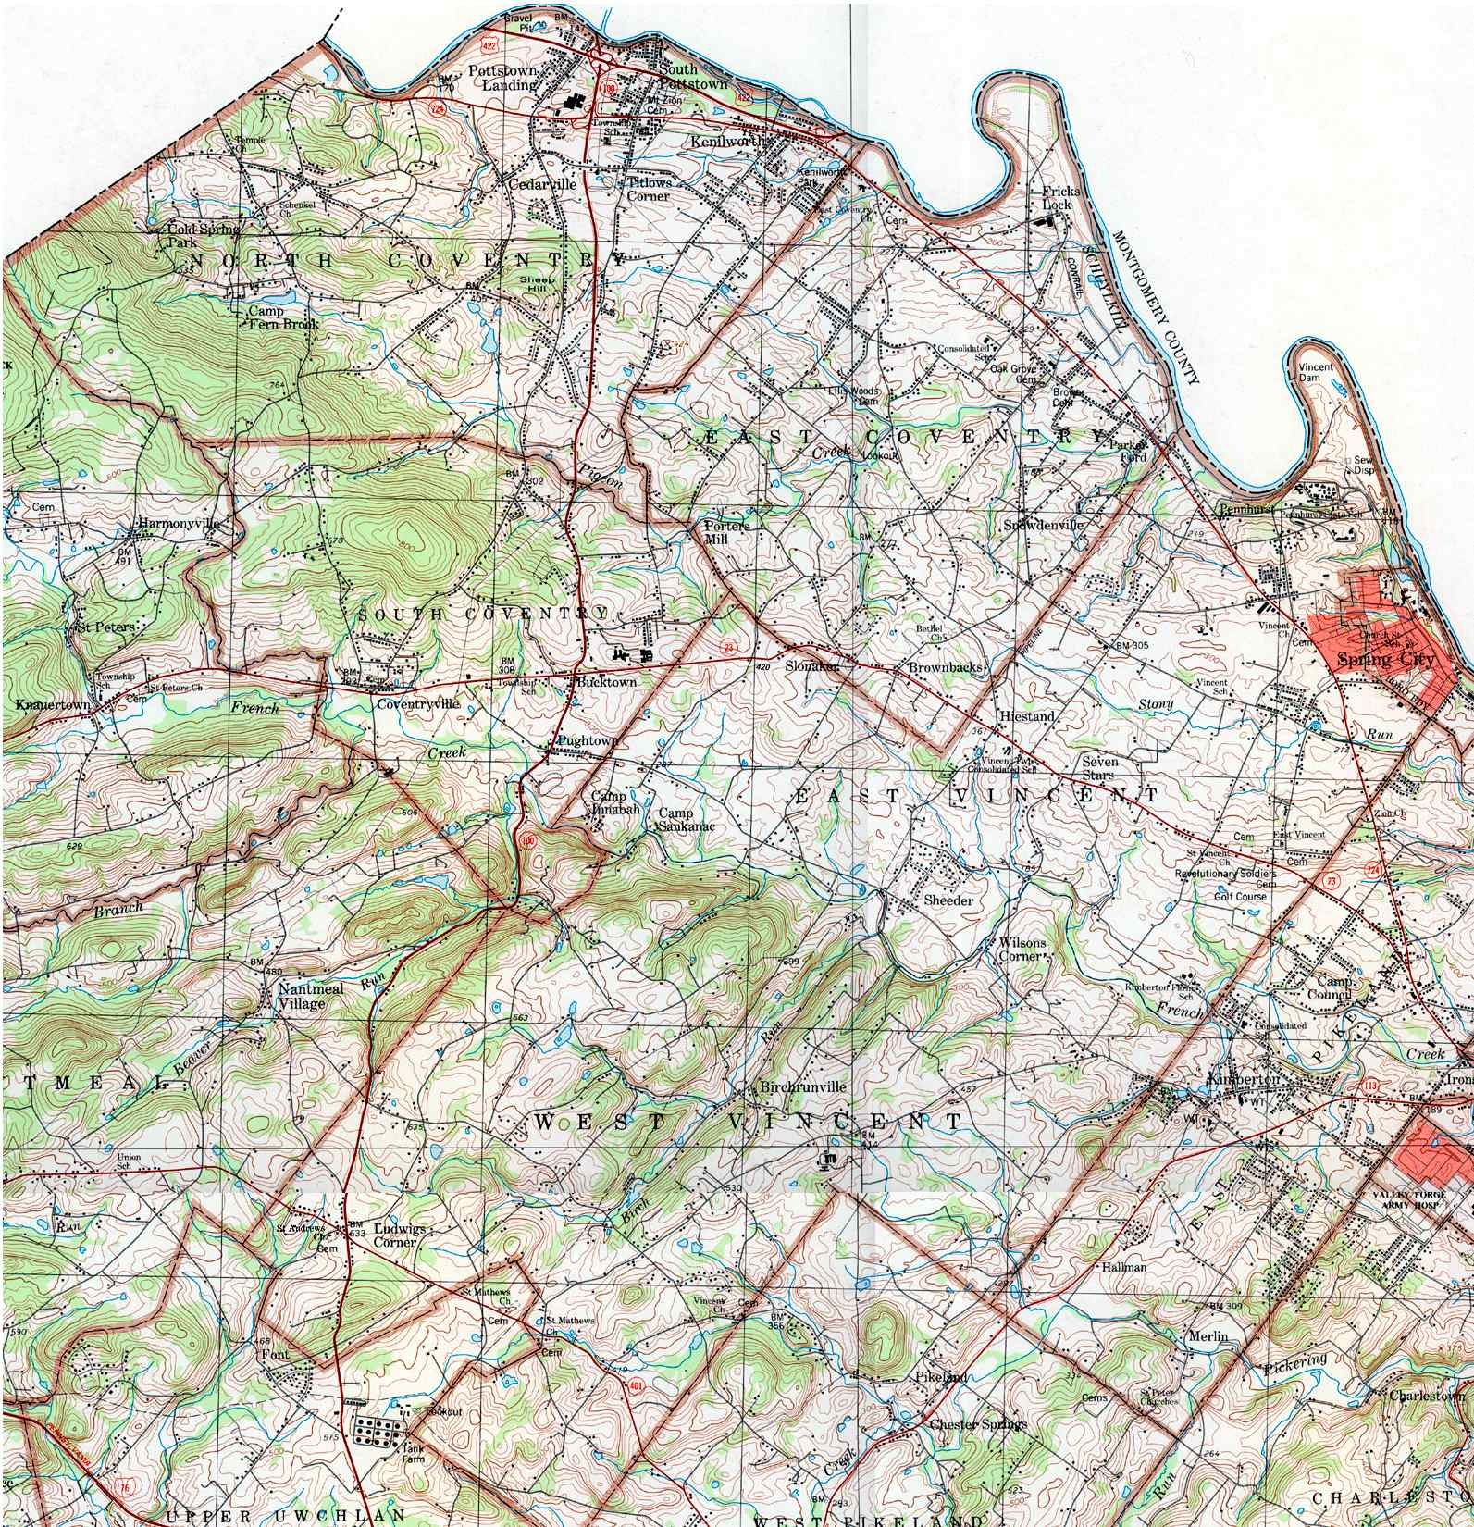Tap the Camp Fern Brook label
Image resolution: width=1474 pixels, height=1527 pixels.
283,318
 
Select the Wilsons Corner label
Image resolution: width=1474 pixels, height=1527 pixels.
1022,949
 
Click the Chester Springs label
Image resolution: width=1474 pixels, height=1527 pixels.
978,1423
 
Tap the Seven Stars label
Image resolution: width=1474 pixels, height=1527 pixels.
1100,767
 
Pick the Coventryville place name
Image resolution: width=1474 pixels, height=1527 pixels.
417,703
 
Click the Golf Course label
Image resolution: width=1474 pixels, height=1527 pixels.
1240,897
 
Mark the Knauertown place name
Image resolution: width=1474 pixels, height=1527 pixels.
53,705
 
